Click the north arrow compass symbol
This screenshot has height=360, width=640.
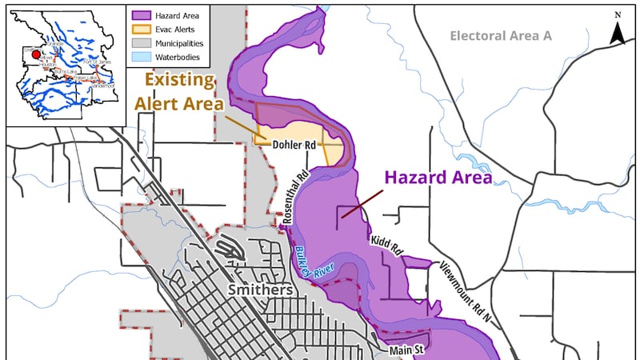tap(618, 30)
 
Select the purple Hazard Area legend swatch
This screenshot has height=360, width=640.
tap(143, 14)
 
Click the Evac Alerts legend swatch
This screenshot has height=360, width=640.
tap(143, 29)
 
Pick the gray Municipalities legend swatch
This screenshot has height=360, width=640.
tap(143, 43)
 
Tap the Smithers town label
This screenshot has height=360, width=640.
tap(260, 289)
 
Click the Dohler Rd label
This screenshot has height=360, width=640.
tap(293, 145)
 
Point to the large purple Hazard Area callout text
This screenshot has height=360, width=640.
tap(438, 177)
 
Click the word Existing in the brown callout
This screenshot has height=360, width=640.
tap(179, 81)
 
